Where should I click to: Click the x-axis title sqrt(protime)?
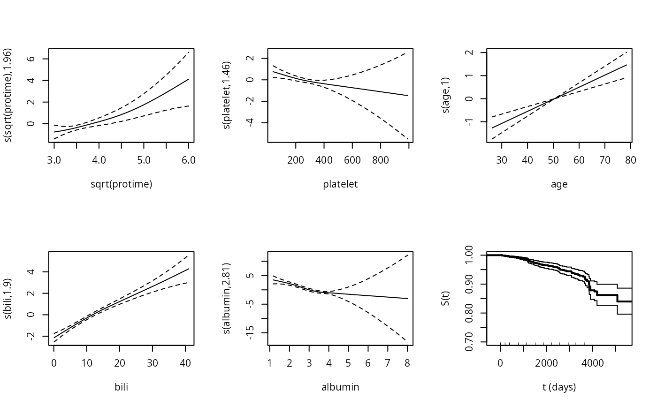[122, 184]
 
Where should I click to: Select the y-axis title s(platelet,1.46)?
[226, 95]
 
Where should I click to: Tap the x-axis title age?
[559, 185]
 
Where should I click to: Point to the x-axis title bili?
[122, 387]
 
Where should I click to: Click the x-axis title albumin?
[340, 387]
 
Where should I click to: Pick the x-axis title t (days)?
[559, 388]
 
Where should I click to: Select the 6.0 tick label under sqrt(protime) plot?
[189, 160]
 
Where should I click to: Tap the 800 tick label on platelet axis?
[381, 160]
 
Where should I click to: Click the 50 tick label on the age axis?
[553, 160]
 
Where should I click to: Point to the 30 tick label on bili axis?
[152, 363]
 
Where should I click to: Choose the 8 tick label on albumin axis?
[407, 363]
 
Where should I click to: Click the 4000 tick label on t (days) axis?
[592, 363]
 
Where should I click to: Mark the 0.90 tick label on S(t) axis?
[469, 284]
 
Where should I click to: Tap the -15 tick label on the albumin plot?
[250, 333]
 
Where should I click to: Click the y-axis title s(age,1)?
[445, 95]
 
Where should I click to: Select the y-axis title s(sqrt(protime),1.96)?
[8, 95]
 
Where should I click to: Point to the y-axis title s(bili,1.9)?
[8, 299]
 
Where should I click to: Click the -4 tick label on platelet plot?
[250, 123]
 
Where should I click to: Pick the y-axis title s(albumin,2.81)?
[226, 299]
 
